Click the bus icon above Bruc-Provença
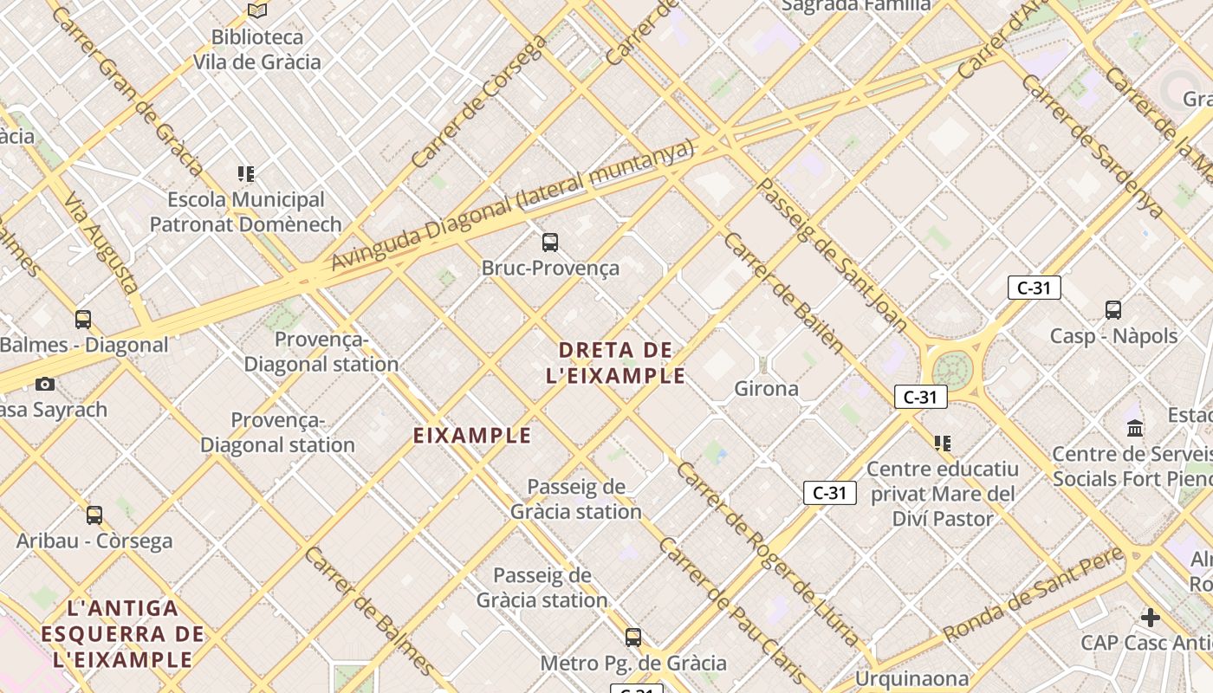pyautogui.click(x=550, y=243)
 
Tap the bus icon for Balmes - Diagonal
pyautogui.click(x=83, y=320)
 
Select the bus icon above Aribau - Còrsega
pyautogui.click(x=94, y=515)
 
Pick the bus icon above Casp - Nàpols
pyautogui.click(x=1113, y=310)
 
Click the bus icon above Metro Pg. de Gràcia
pyautogui.click(x=633, y=638)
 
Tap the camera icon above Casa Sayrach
pyautogui.click(x=45, y=384)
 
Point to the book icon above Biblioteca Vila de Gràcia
pyautogui.click(x=256, y=10)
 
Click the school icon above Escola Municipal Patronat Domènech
pyautogui.click(x=246, y=174)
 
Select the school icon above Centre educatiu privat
pyautogui.click(x=943, y=444)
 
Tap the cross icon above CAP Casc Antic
pyautogui.click(x=1150, y=618)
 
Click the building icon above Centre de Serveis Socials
pyautogui.click(x=1135, y=428)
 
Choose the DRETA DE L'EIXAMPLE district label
pyautogui.click(x=616, y=363)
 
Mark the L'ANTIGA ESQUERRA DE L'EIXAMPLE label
pyautogui.click(x=122, y=634)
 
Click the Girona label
pyautogui.click(x=766, y=389)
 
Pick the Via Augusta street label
pyautogui.click(x=102, y=243)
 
